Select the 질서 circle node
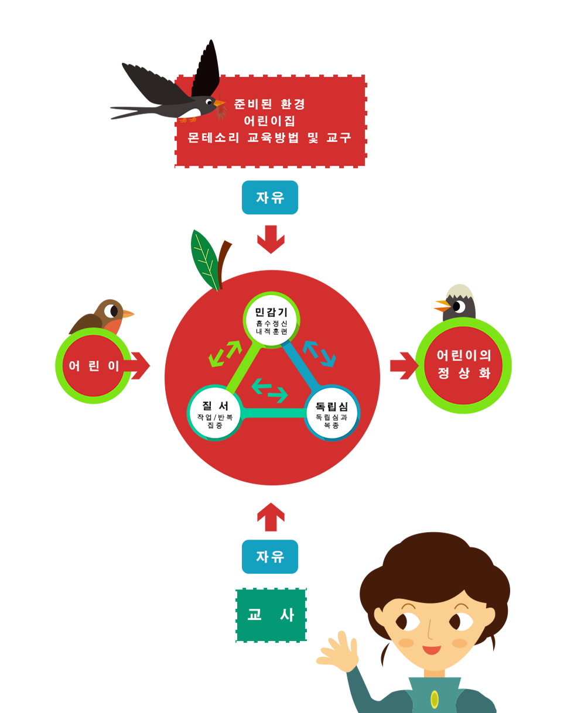pos(214,413)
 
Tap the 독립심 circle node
pos(332,413)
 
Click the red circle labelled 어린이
pos(94,366)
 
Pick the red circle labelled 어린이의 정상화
pos(463,364)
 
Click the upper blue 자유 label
pos(270,198)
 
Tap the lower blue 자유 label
pos(270,556)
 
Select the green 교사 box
pos(271,615)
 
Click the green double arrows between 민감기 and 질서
pos(225,354)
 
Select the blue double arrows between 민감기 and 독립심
pos(319,352)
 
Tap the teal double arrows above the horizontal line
pos(269,390)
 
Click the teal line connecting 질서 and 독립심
pos(273,413)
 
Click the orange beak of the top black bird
pos(220,104)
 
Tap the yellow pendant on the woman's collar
pos(434,698)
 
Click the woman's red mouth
pos(432,649)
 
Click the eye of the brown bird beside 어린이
pos(111,310)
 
